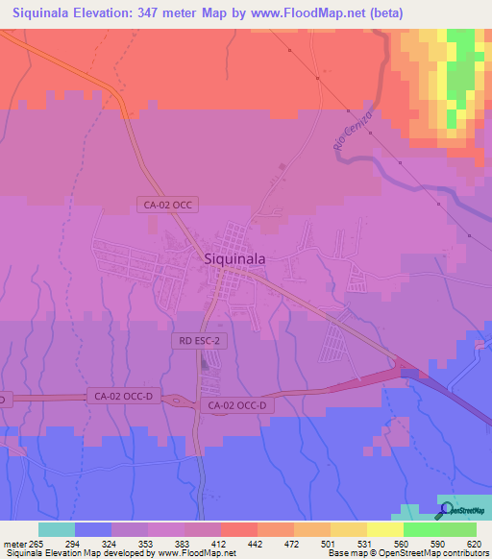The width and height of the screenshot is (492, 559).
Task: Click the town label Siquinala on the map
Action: (235, 257)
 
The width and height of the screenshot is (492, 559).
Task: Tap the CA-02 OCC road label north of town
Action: (168, 205)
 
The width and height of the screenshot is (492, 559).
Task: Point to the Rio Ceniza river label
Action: (353, 133)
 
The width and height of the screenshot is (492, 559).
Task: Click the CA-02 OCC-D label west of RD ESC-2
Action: (123, 395)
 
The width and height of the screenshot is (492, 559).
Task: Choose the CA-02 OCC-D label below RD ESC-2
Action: (241, 405)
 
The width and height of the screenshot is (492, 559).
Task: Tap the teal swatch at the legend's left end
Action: (56, 529)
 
